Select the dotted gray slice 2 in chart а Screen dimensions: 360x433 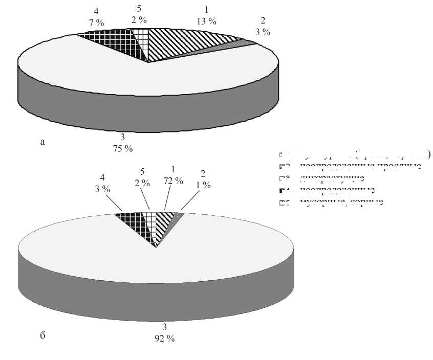pos(225,47)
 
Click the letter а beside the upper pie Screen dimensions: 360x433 pos(42,143)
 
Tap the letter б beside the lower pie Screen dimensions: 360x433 pos(42,335)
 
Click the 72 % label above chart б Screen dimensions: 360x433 pos(174,180)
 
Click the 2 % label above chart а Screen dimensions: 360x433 pos(139,20)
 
